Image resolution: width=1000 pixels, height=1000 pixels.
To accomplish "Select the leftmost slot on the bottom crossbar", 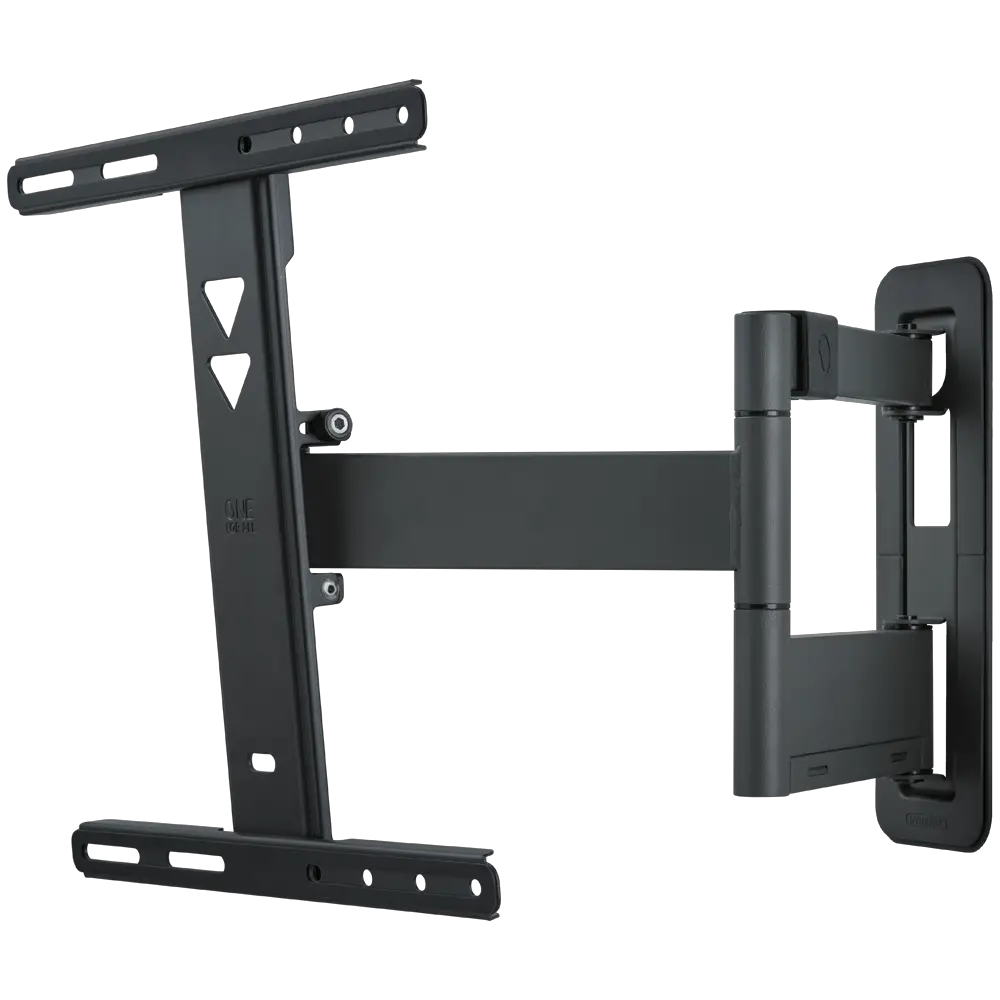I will click(x=103, y=852).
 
